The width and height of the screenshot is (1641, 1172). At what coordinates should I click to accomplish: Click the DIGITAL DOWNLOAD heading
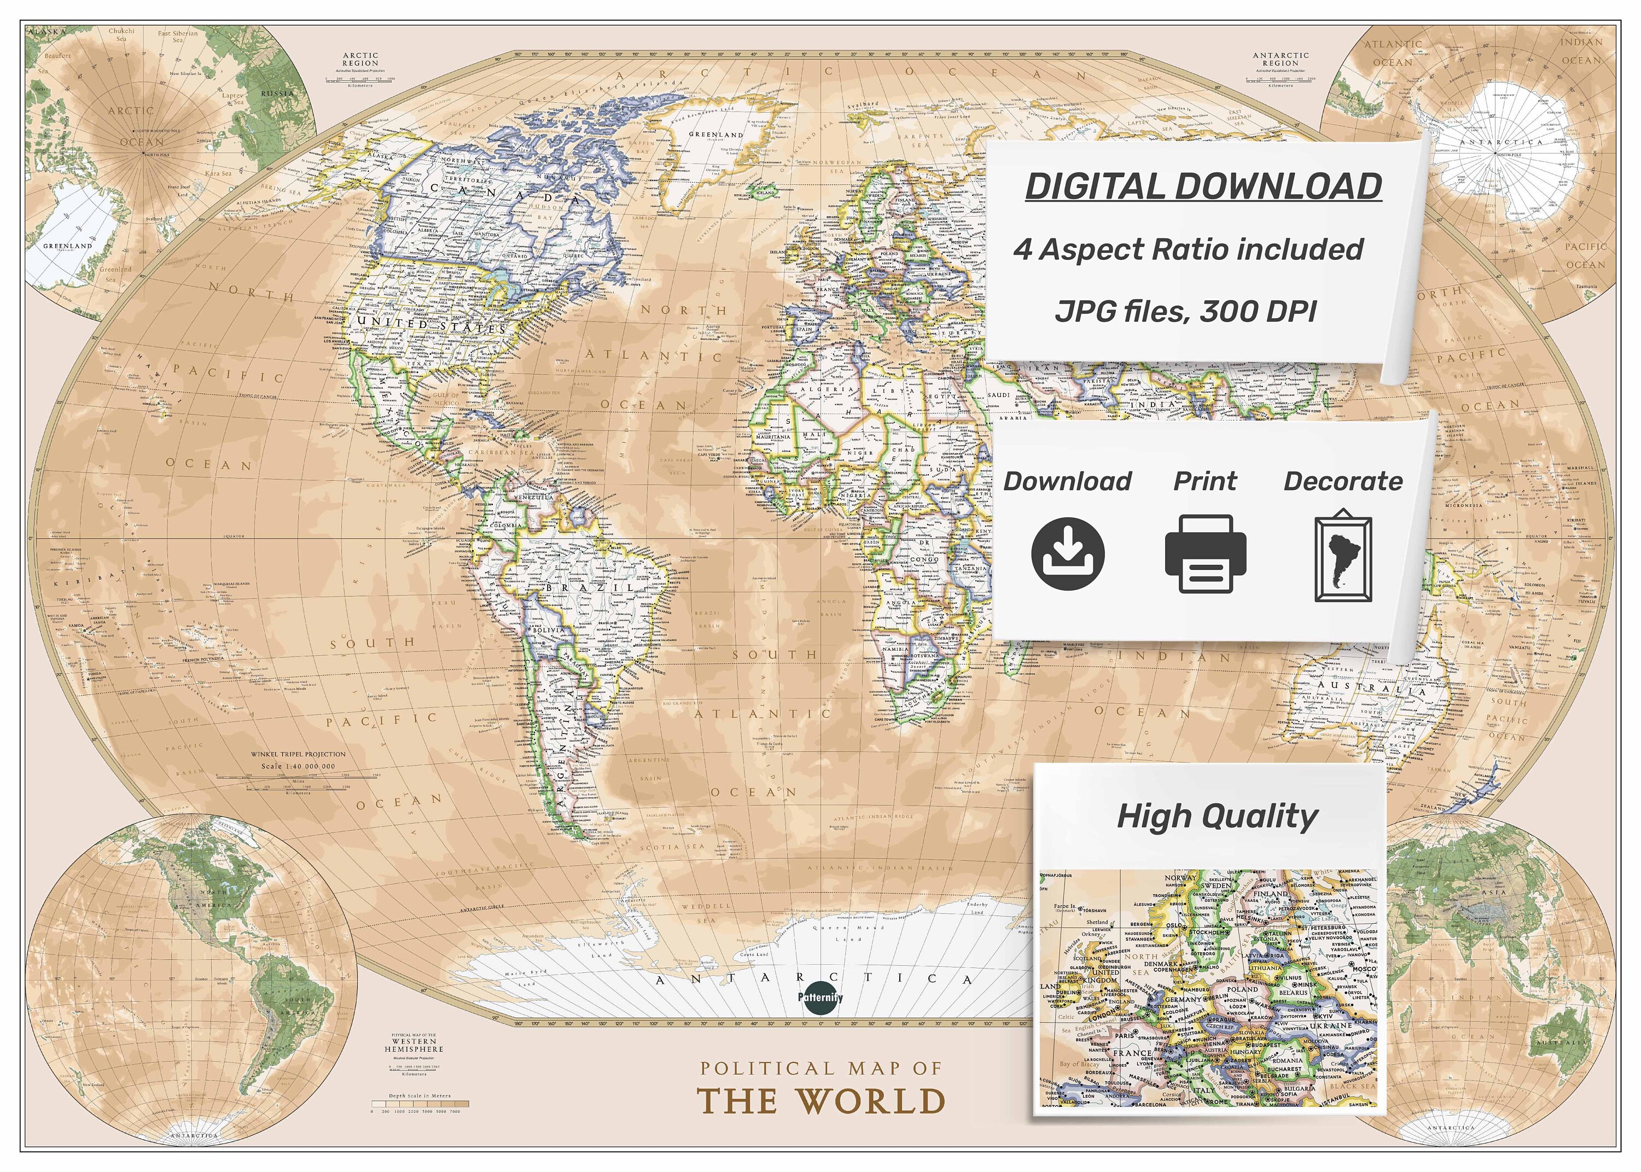pos(1203,186)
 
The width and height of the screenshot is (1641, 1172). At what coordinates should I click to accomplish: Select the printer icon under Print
pos(1205,554)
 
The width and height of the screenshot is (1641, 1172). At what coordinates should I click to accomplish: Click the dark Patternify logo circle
pos(821,998)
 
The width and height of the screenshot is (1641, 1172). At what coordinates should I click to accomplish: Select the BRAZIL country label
pos(590,588)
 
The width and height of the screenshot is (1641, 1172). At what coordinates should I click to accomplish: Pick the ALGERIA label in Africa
pos(834,389)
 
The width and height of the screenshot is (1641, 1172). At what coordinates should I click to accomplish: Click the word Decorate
pos(1343,481)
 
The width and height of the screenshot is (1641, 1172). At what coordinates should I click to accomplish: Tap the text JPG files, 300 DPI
pos(1186,312)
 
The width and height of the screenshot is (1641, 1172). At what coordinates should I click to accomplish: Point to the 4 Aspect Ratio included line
pos(1188,250)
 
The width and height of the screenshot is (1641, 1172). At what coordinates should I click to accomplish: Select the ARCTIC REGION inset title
pos(360,59)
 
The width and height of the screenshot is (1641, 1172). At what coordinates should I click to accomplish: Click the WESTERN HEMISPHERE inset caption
pos(414,1045)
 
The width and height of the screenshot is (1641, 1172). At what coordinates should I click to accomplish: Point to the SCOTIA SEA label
pos(673,847)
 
